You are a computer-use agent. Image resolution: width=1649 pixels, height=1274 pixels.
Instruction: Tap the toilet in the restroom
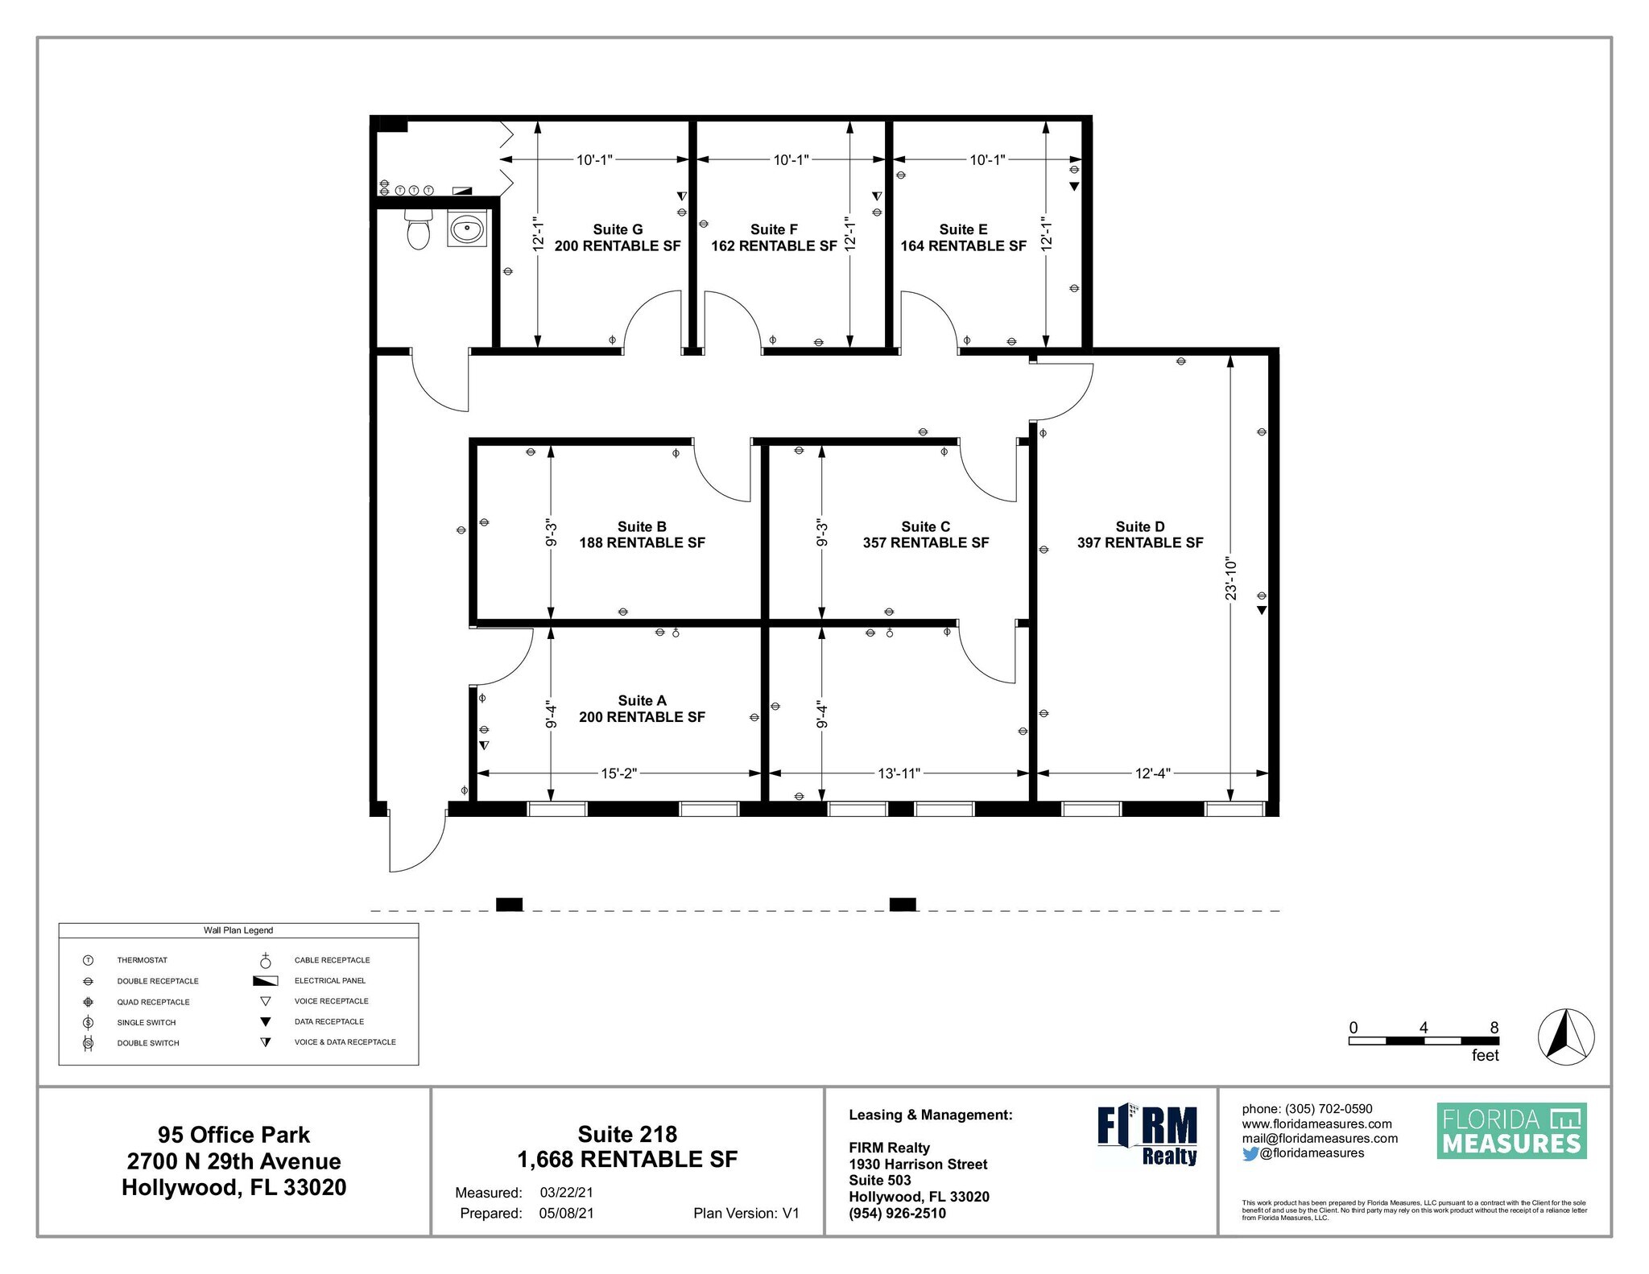(x=418, y=230)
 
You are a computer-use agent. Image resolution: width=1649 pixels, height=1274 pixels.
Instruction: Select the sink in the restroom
(x=467, y=229)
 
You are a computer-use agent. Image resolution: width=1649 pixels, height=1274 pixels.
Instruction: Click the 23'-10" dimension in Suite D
(x=1230, y=579)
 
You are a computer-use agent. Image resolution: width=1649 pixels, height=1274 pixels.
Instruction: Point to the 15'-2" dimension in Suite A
(x=618, y=773)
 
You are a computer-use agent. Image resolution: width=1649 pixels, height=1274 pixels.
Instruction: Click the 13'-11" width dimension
(x=899, y=773)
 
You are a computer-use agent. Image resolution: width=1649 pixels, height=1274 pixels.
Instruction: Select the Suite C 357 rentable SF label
(x=925, y=534)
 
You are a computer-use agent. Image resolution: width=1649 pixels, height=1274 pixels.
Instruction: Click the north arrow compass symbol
(x=1566, y=1036)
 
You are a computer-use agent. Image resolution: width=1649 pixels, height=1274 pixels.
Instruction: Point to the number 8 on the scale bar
(x=1494, y=1028)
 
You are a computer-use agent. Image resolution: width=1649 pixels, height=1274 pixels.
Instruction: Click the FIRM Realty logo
(x=1147, y=1135)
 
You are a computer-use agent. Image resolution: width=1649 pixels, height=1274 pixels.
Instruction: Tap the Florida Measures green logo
(x=1511, y=1131)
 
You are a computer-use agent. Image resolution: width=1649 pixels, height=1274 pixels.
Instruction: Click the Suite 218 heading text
(x=627, y=1134)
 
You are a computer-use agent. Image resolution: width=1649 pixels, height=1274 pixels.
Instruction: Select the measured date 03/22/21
(x=566, y=1193)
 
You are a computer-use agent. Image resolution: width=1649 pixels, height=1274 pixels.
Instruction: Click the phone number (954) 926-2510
(x=897, y=1213)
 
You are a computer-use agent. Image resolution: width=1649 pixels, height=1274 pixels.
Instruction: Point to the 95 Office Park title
(x=234, y=1135)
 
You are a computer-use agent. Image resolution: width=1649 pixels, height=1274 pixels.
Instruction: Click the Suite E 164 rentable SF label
(x=963, y=237)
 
